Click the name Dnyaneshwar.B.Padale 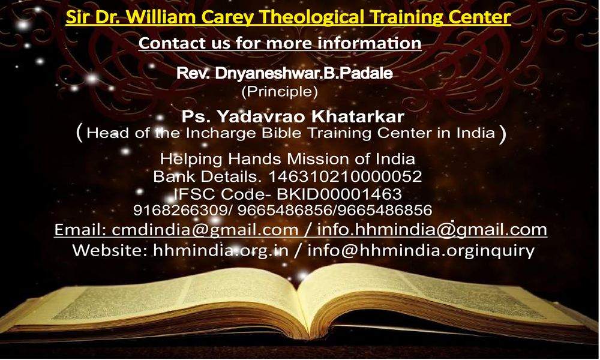(x=304, y=73)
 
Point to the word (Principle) (x=280, y=91)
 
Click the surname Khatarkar (x=358, y=116)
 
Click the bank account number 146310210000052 (x=345, y=176)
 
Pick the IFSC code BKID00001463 (x=340, y=194)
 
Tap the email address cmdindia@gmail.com (x=205, y=230)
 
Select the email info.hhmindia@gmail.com (x=432, y=230)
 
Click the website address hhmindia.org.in (x=220, y=251)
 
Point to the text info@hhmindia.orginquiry (x=421, y=251)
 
